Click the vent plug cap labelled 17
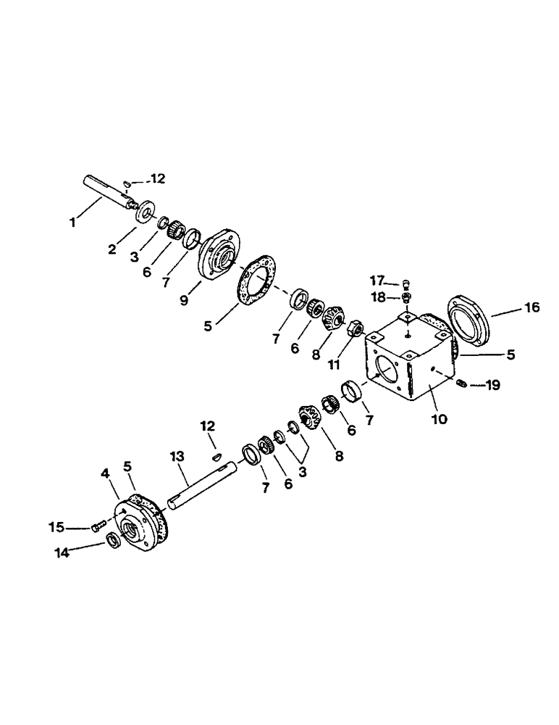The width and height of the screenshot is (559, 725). click(406, 283)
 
